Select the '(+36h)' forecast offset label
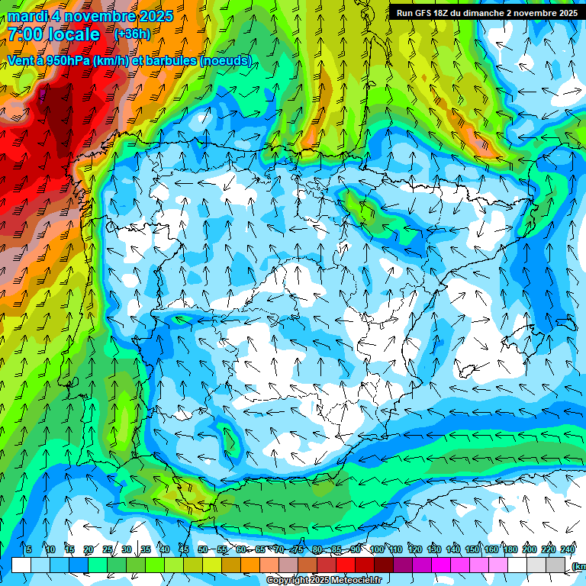click(x=132, y=34)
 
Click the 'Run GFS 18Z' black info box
click(x=487, y=13)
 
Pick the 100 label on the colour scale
click(x=376, y=549)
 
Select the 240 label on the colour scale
click(x=567, y=549)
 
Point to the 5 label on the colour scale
click(x=28, y=549)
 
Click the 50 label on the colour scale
click(x=202, y=549)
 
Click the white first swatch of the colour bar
click(x=21, y=565)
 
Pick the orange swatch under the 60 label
click(x=250, y=565)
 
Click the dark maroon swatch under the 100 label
click(x=384, y=565)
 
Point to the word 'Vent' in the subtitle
click(x=20, y=60)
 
